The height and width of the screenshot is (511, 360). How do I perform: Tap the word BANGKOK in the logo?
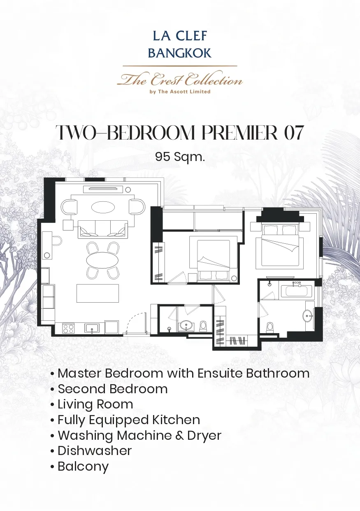point(180,53)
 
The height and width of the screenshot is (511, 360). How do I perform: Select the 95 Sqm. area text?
point(180,157)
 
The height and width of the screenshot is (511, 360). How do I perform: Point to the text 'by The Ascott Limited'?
point(180,92)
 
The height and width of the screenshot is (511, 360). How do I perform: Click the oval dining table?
point(102,260)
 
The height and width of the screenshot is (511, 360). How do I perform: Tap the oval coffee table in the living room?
point(103,207)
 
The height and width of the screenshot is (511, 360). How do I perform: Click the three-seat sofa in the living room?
point(103,229)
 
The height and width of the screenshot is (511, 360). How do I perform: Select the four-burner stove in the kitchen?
point(68,329)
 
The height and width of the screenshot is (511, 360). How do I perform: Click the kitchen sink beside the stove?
point(92,329)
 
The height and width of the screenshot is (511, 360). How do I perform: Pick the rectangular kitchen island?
point(98,293)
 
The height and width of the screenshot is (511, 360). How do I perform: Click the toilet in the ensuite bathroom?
point(270,328)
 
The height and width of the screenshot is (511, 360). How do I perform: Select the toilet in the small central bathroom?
point(203,326)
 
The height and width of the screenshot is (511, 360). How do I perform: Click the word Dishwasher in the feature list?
point(95,450)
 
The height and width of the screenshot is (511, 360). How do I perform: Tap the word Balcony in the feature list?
point(83,466)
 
